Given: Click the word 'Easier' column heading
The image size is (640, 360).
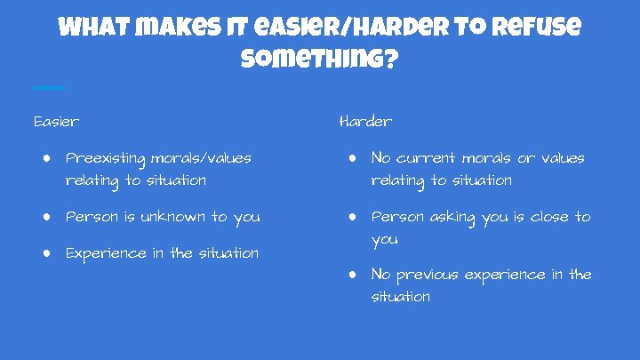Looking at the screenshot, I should [56, 121].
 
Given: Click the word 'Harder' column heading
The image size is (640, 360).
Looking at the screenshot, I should [365, 121].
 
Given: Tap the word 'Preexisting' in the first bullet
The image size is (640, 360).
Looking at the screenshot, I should [106, 159].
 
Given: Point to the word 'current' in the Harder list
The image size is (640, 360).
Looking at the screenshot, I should [435, 158].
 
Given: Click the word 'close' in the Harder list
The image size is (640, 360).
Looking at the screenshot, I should [550, 217].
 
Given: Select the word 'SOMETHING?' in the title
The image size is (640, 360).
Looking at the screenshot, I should [319, 62].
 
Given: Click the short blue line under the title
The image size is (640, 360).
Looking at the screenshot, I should [49, 87].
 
